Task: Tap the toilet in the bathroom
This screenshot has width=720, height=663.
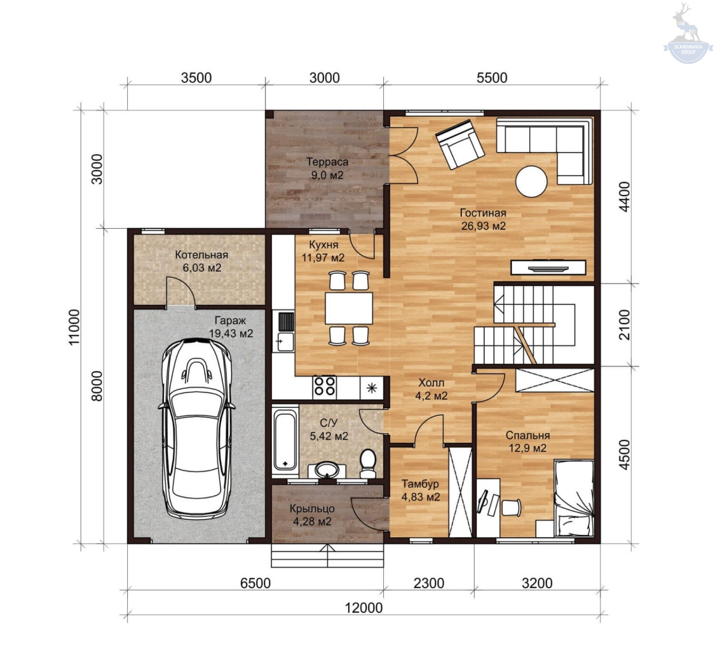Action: [x=368, y=463]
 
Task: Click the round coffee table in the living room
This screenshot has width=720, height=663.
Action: [x=531, y=182]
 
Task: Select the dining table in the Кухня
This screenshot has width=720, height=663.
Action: [x=349, y=308]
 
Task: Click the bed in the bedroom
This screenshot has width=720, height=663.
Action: [x=574, y=497]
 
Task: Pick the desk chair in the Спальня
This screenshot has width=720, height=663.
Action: [x=511, y=507]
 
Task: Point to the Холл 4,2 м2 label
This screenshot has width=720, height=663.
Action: [x=431, y=389]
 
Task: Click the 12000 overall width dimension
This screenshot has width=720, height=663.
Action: [x=364, y=608]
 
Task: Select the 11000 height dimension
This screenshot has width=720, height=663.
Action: [x=74, y=327]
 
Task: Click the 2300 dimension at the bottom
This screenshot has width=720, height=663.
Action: [x=429, y=583]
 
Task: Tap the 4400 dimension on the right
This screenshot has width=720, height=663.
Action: [x=625, y=197]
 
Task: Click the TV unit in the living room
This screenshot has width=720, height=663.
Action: [x=548, y=267]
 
